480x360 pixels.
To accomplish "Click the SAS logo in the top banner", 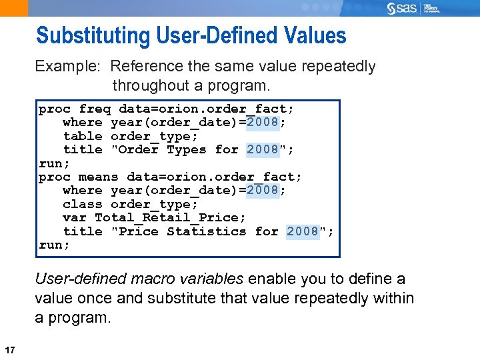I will pyautogui.click(x=402, y=9).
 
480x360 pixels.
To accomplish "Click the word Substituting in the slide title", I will pyautogui.click(x=93, y=36).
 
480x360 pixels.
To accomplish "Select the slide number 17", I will pyautogui.click(x=9, y=350).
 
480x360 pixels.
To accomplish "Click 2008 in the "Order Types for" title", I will pyautogui.click(x=263, y=150).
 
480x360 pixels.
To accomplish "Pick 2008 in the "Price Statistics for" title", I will pyautogui.click(x=303, y=231).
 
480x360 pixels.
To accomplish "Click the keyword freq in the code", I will pyautogui.click(x=95, y=109).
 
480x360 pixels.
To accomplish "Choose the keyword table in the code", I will pyautogui.click(x=82, y=136).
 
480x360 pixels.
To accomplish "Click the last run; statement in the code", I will pyautogui.click(x=54, y=245).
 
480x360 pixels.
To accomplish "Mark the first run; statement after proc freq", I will pyautogui.click(x=54, y=163).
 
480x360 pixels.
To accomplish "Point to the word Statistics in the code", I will pyautogui.click(x=206, y=231).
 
